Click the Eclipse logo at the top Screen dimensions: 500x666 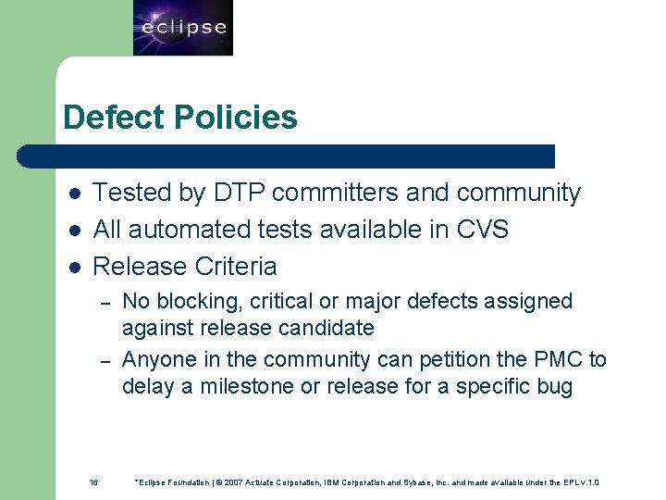[183, 28]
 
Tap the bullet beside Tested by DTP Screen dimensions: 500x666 [75, 194]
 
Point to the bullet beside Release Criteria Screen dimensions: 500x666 [75, 268]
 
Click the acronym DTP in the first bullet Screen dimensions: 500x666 [241, 193]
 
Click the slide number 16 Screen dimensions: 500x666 [93, 482]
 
